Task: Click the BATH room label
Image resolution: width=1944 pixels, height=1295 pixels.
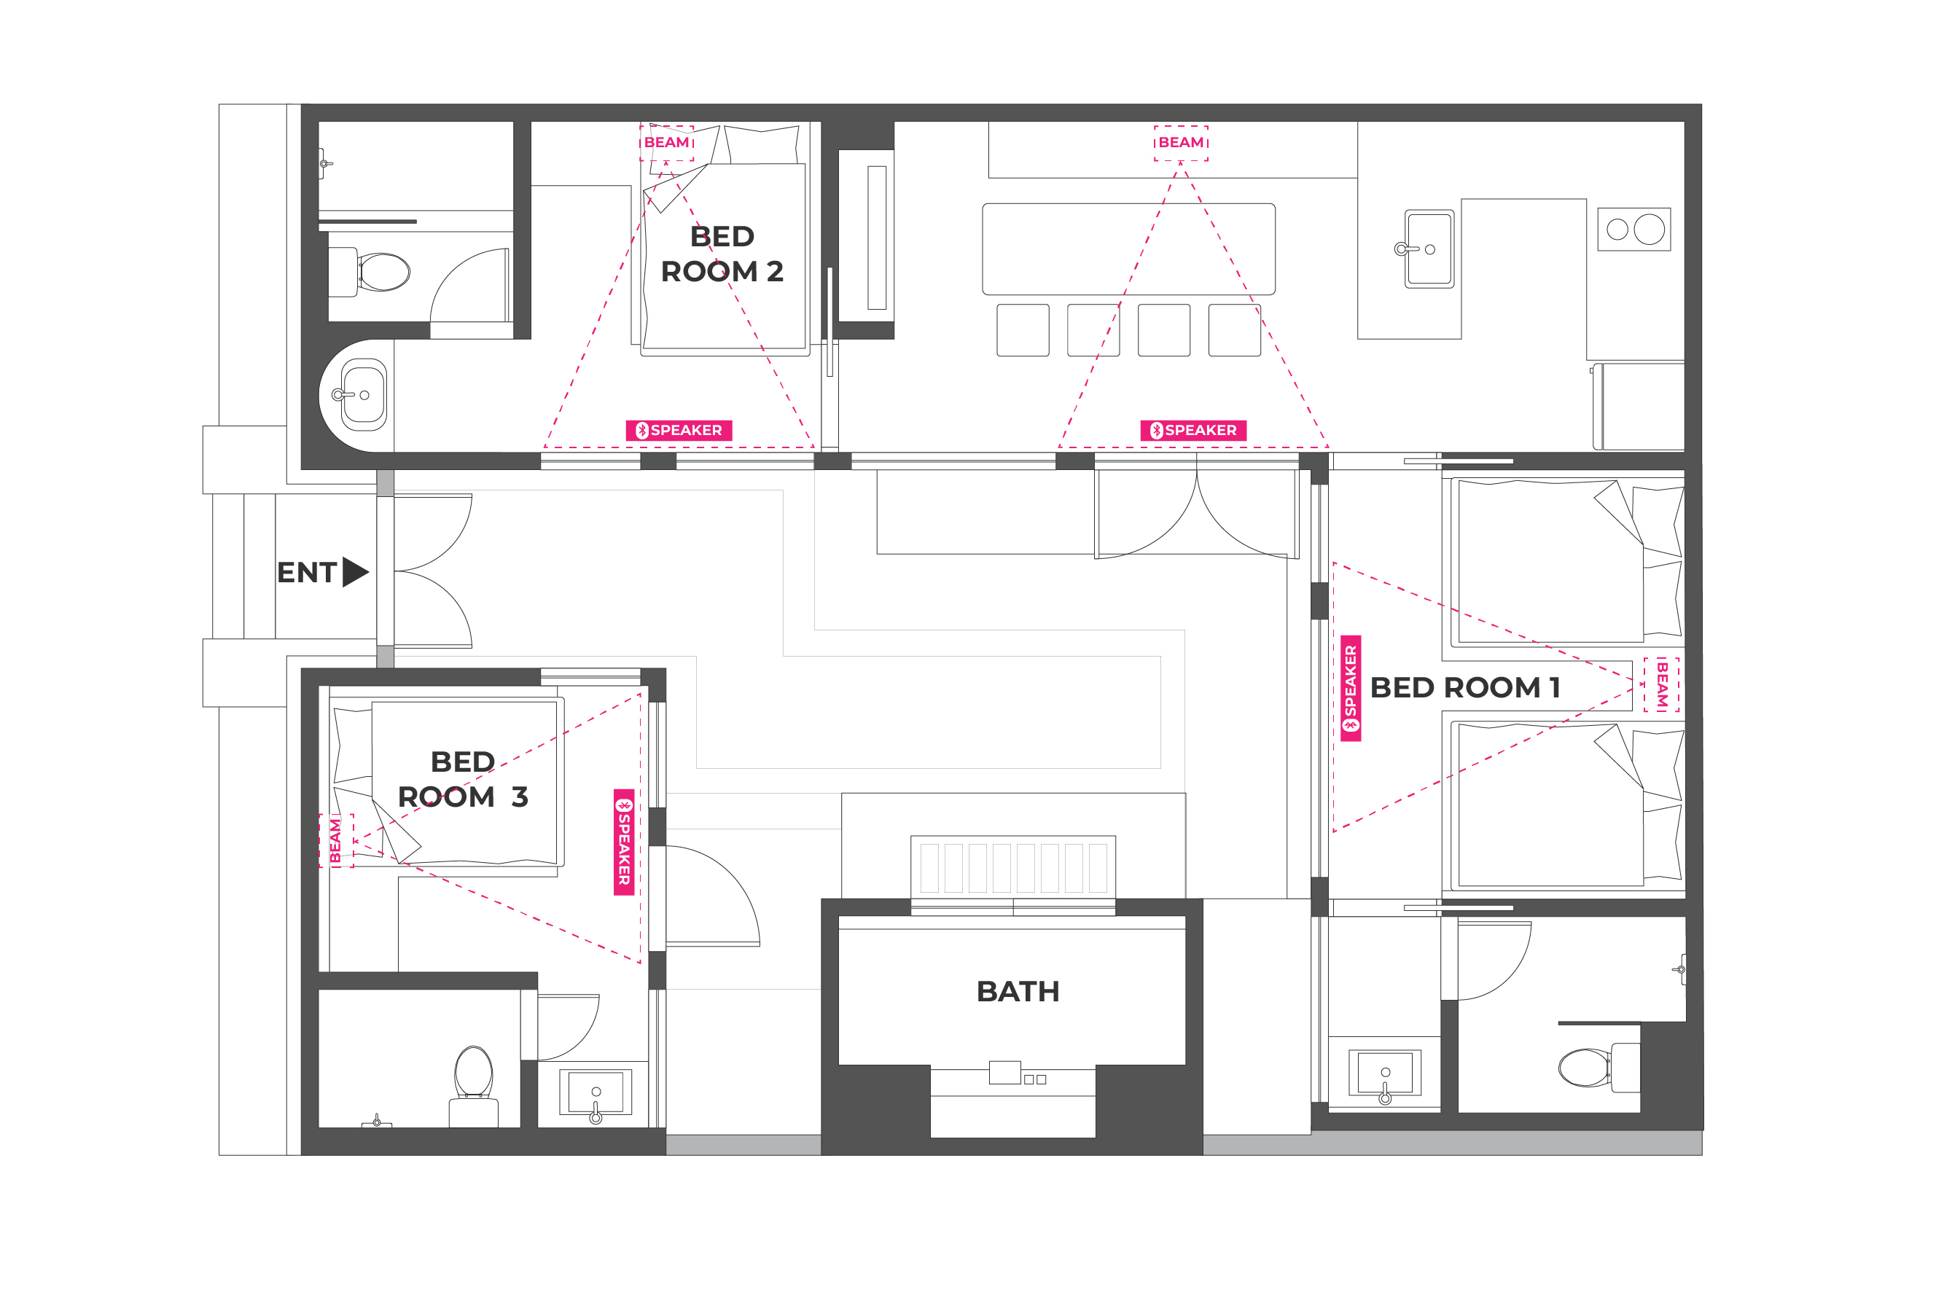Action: click(1018, 991)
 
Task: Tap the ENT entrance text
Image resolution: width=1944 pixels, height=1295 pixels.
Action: click(306, 572)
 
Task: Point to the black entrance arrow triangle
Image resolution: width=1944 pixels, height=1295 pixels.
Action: click(355, 571)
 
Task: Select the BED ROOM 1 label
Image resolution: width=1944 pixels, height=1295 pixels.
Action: click(1464, 687)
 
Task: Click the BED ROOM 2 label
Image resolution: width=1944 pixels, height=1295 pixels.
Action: click(722, 254)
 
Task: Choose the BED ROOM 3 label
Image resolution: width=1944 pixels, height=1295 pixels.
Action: click(462, 779)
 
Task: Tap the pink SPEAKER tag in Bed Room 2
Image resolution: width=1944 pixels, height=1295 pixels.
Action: click(679, 430)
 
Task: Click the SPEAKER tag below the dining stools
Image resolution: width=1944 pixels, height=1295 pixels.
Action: click(1193, 430)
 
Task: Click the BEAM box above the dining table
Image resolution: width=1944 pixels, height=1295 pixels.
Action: click(1181, 143)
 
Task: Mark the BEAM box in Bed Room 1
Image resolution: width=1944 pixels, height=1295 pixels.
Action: click(1662, 684)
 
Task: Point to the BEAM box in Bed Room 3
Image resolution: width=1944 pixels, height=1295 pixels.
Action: click(336, 841)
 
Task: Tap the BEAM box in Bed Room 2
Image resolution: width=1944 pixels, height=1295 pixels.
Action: click(666, 143)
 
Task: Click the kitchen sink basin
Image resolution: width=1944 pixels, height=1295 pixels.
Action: click(1429, 249)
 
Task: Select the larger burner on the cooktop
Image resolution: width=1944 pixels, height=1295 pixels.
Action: click(1650, 230)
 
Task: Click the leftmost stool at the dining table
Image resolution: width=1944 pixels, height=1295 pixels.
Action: click(1023, 330)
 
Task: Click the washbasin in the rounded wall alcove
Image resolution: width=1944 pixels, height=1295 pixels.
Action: click(364, 395)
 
